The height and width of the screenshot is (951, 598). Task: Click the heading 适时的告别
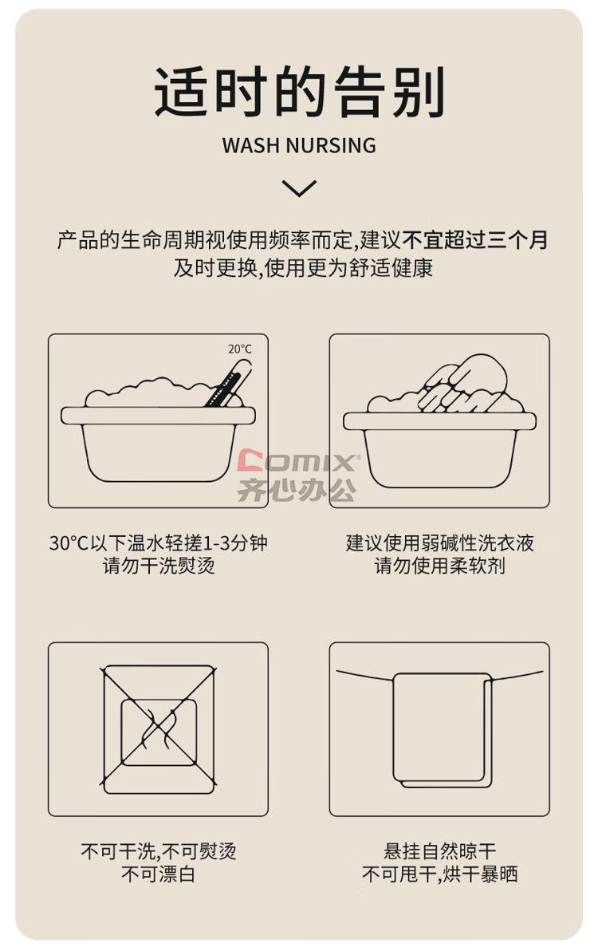(299, 92)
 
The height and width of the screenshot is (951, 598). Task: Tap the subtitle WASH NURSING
(299, 145)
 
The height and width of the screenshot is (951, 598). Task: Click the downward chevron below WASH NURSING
(299, 188)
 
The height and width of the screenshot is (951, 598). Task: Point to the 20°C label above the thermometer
(240, 349)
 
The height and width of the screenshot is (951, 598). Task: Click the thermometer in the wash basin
(228, 383)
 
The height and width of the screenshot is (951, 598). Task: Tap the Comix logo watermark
(298, 460)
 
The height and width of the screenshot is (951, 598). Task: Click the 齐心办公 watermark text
(297, 490)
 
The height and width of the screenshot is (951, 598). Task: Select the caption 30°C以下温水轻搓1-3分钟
(158, 543)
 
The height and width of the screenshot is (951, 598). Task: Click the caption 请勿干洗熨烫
(159, 566)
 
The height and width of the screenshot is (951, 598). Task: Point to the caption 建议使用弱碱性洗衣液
(440, 543)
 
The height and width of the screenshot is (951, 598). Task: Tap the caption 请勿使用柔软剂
(440, 566)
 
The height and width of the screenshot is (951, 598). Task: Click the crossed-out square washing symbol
(159, 730)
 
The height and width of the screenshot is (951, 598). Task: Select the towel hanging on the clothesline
(443, 730)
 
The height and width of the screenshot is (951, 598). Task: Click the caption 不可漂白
(158, 874)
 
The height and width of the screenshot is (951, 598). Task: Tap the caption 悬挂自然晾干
(440, 851)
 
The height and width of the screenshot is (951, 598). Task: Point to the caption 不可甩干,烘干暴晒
(440, 874)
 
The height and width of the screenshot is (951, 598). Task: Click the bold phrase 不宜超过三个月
(476, 239)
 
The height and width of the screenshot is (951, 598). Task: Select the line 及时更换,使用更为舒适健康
(304, 267)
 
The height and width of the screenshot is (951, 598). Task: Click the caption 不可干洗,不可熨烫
(158, 851)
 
